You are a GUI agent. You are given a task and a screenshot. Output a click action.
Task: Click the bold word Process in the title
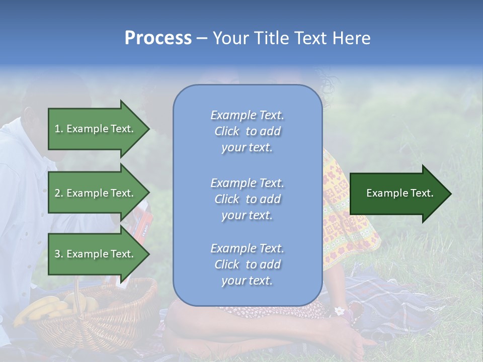click(x=158, y=38)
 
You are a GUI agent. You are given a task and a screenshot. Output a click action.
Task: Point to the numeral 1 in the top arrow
click(x=57, y=129)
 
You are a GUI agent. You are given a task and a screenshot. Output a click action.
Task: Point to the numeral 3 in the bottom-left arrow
click(x=57, y=254)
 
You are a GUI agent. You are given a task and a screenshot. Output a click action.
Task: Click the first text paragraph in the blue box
click(x=247, y=131)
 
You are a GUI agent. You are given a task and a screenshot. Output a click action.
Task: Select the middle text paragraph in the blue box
click(x=247, y=199)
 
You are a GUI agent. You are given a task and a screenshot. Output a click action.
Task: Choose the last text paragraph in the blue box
click(x=247, y=264)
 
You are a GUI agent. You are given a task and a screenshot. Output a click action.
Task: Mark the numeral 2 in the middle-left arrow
click(x=57, y=193)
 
